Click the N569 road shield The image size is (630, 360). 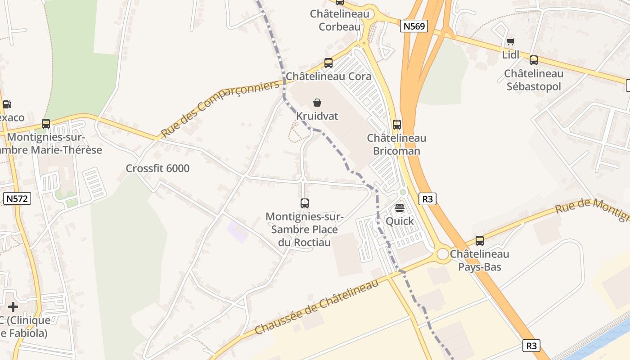[x=414, y=26]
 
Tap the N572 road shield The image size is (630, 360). [x=17, y=199]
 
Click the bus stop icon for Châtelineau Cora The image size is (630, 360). [x=328, y=63]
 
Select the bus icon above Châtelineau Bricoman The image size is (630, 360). [x=396, y=125]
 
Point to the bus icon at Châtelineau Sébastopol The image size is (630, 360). [x=533, y=60]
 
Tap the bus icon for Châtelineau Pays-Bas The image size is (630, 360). [x=480, y=241]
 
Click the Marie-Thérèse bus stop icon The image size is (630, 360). [x=45, y=124]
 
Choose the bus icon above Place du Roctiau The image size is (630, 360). [x=305, y=203]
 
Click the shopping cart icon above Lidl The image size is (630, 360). [x=510, y=42]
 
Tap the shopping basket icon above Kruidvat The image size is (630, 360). [x=317, y=103]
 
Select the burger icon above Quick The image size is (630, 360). [x=400, y=208]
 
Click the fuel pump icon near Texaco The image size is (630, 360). [x=7, y=105]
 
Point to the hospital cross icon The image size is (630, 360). [x=13, y=307]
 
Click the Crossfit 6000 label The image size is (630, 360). [x=157, y=169]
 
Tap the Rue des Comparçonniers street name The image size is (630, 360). [x=220, y=109]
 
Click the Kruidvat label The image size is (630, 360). [x=317, y=116]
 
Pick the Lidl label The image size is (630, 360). [x=511, y=55]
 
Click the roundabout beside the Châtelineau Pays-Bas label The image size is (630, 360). [x=443, y=254]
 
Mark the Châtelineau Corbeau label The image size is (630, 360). [x=340, y=20]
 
